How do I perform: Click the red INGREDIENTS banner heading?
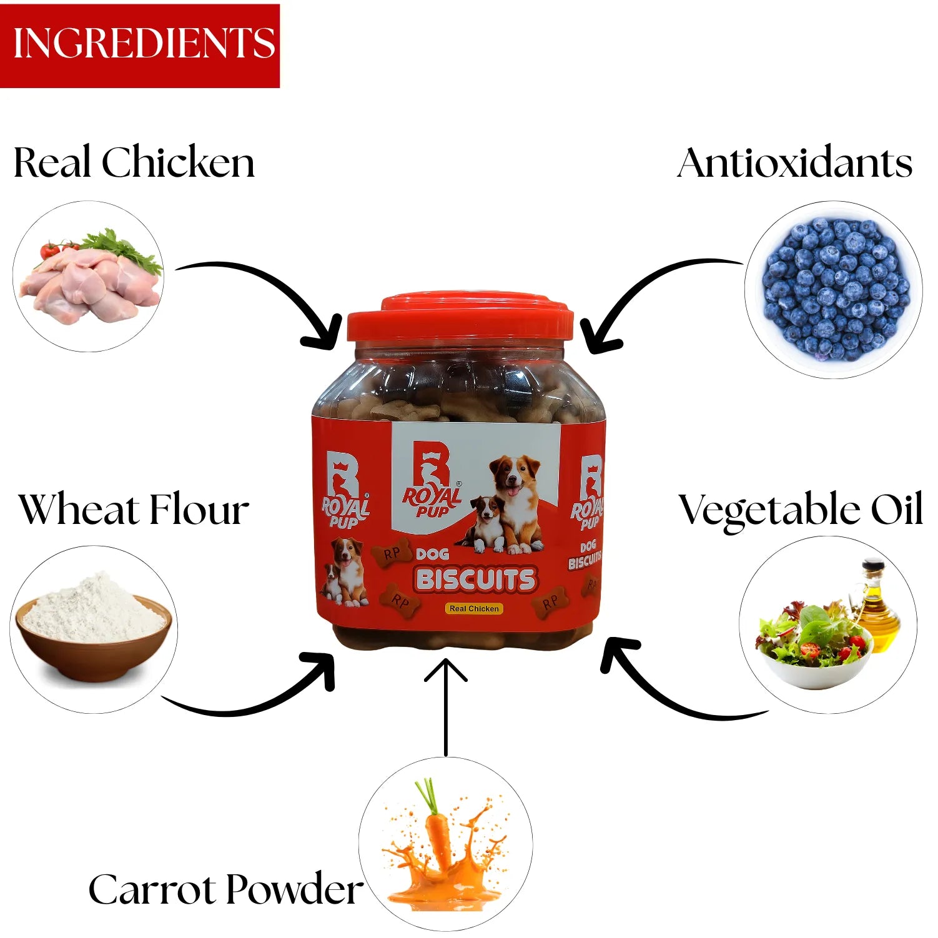140,44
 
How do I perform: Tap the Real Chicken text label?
134,162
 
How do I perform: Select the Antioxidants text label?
794,163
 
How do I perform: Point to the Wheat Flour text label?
134,510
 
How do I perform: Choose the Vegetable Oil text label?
800,510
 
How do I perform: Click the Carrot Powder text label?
225,889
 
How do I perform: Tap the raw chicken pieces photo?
89,278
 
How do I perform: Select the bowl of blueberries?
833,289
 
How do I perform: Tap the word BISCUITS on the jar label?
475,580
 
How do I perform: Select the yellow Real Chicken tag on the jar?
474,608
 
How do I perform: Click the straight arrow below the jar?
445,706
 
